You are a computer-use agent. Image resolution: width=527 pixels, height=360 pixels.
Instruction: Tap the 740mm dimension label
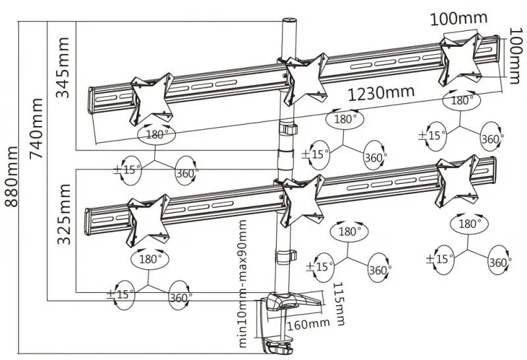click(x=36, y=131)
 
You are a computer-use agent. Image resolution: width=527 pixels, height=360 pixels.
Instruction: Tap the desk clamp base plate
click(x=293, y=302)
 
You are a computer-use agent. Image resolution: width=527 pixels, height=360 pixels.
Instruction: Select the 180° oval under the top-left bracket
click(x=156, y=134)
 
